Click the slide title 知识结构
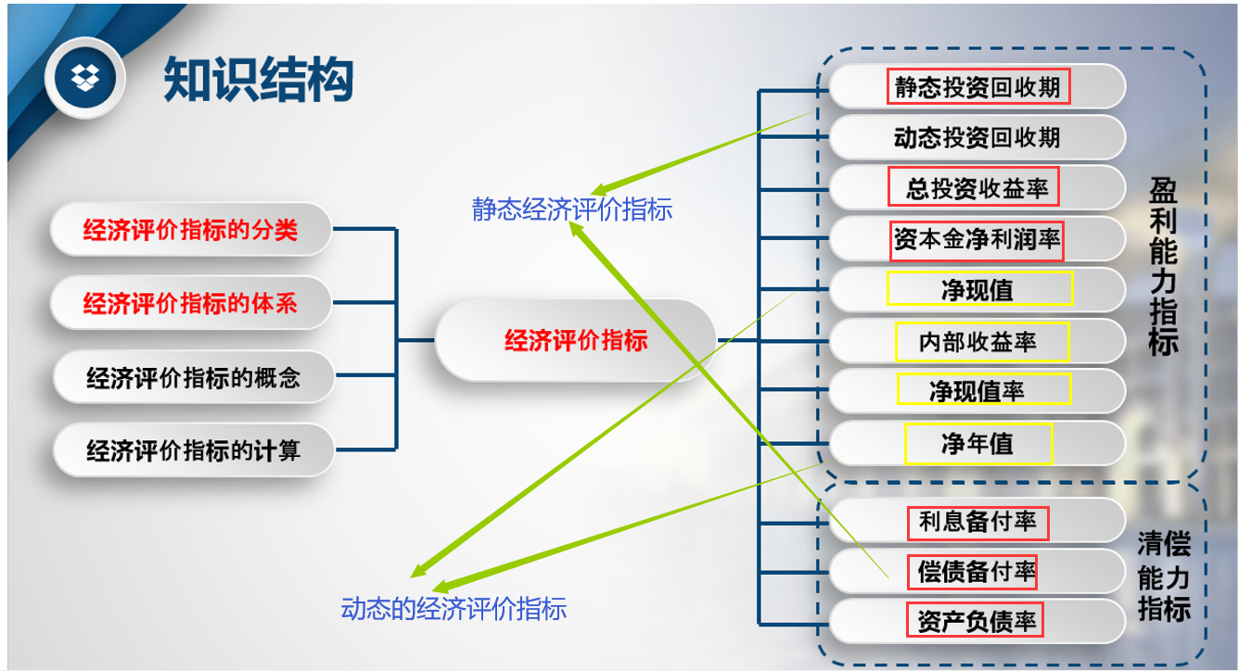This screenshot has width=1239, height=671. (x=259, y=79)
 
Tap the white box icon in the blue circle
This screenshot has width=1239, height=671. (x=85, y=78)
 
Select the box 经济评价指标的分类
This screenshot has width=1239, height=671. (x=190, y=229)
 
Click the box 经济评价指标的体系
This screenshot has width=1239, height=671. (x=190, y=302)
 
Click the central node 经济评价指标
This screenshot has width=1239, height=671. (x=575, y=340)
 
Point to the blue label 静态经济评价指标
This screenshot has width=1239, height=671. (x=571, y=210)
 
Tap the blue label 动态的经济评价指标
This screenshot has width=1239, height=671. (x=453, y=609)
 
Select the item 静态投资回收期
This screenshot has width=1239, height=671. (x=977, y=87)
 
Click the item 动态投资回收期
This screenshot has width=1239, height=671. (x=977, y=138)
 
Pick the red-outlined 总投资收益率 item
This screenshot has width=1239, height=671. (x=977, y=189)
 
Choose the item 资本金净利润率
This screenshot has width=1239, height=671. (x=977, y=240)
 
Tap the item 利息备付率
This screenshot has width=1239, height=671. (x=977, y=522)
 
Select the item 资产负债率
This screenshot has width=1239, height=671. (x=977, y=621)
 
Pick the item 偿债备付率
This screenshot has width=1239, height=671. (x=977, y=571)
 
